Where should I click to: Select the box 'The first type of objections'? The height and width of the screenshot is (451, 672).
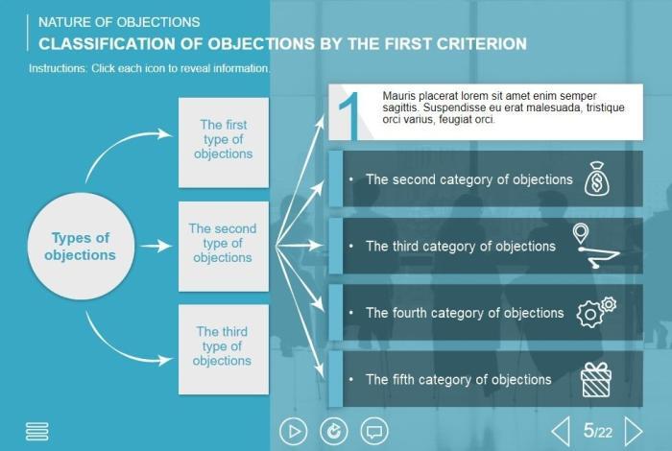[223, 140]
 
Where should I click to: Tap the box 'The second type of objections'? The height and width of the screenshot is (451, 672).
[223, 244]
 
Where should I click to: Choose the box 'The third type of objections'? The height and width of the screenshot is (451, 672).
[223, 346]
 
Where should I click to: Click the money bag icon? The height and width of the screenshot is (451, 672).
[596, 179]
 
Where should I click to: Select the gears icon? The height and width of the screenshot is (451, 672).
[596, 312]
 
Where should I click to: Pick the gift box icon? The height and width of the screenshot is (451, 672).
[596, 379]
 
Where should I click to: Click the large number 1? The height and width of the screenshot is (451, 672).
[349, 116]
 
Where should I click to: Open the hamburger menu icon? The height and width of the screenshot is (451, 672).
[37, 432]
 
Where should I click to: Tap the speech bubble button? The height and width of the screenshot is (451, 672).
[374, 432]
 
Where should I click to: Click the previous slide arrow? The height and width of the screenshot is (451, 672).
[561, 431]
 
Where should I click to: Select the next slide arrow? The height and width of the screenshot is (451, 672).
[634, 431]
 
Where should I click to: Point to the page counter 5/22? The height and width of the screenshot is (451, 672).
[597, 432]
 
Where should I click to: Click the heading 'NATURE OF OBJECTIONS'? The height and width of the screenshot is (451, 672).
[119, 21]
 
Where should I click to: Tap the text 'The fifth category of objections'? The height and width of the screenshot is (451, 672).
[459, 379]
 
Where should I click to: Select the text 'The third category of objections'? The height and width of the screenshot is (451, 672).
[461, 247]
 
